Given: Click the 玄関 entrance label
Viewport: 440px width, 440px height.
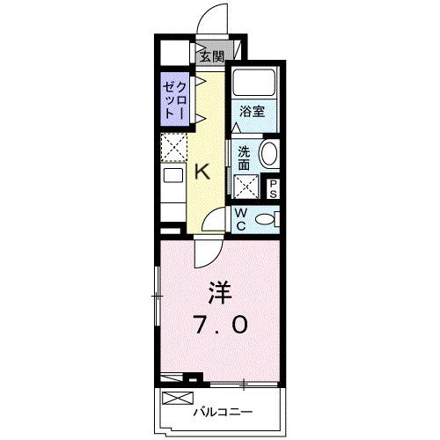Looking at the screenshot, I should tap(210, 56).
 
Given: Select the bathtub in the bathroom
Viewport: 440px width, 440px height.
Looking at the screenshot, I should tap(255, 86).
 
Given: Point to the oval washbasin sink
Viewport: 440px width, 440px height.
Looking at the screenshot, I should tap(268, 154).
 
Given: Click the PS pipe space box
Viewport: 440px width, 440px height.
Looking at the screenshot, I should tap(274, 187).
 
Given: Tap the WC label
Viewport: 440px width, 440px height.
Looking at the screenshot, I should tap(238, 218).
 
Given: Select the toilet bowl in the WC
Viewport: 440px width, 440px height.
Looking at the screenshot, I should tap(268, 219).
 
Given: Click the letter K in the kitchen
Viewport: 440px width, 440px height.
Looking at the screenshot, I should tap(202, 171).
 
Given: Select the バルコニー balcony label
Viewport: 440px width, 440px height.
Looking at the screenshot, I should tap(224, 411).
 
